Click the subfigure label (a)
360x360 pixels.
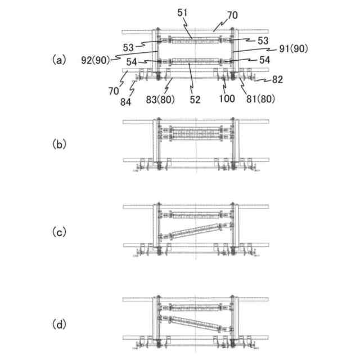tap(58, 59)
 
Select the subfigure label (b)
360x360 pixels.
tap(58, 144)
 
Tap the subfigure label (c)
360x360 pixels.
tap(58, 231)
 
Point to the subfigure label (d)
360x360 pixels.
tap(58, 325)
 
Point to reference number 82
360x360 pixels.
tap(277, 80)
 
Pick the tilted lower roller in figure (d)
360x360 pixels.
tap(196, 323)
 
